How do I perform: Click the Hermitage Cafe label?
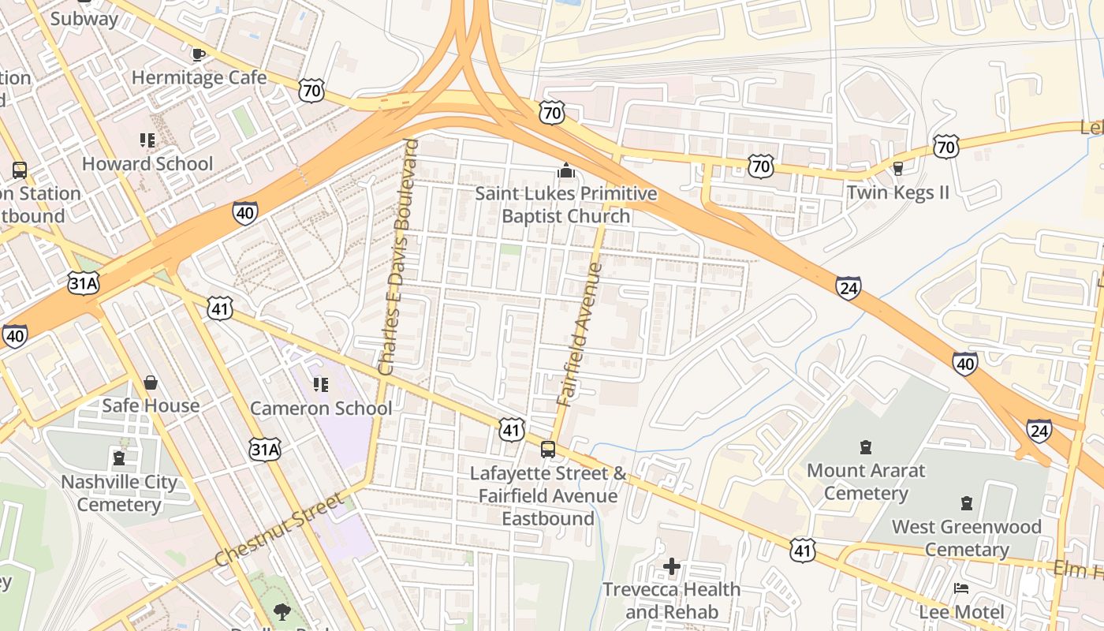point(199,78)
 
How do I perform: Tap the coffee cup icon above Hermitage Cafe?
point(199,55)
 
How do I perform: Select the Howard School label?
point(147,164)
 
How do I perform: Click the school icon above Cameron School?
point(321,385)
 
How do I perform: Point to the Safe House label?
point(151,405)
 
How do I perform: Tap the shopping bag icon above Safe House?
point(151,383)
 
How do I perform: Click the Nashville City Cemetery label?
point(119,493)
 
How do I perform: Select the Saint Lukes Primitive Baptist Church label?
point(565,204)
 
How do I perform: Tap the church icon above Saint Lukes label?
point(565,170)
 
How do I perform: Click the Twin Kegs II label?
point(897,192)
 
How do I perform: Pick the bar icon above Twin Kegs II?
point(897,168)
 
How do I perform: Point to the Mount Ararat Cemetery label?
point(865,482)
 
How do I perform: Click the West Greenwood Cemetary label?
point(966,538)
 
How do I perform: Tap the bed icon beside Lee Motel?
point(960,588)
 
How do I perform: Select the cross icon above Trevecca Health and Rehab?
point(672,566)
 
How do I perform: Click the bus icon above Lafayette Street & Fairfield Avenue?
point(547,450)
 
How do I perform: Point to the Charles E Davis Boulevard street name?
point(397,256)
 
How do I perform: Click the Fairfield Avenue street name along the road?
point(580,334)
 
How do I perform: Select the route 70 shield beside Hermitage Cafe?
point(311,91)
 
